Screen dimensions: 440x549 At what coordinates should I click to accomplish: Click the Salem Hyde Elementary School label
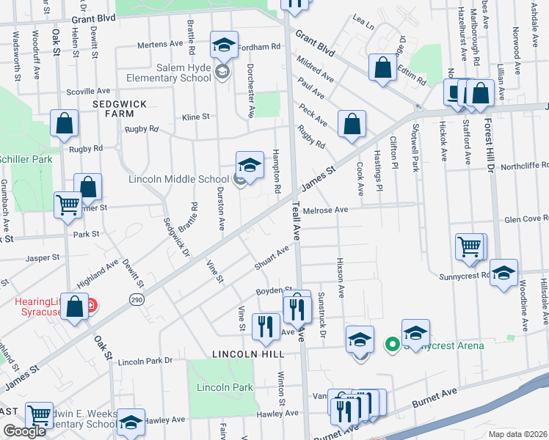coord(169,73)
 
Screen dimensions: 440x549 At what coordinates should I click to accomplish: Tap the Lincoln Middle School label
coord(179,179)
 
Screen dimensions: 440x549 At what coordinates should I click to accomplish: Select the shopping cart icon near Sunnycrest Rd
coord(470,247)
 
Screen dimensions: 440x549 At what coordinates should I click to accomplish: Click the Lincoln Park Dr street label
coord(145,361)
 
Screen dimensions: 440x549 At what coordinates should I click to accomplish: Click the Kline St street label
coord(196,117)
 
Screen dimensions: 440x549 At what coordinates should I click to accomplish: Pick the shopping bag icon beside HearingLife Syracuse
coord(75,307)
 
